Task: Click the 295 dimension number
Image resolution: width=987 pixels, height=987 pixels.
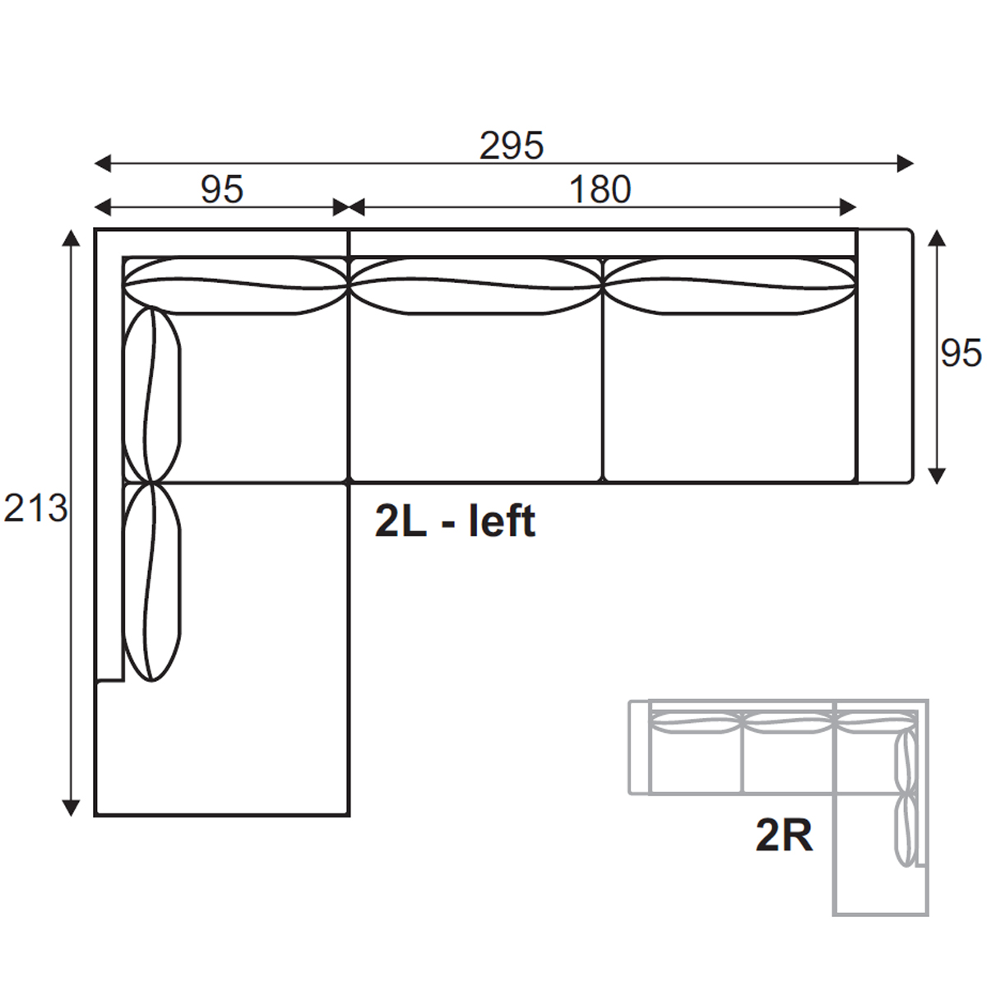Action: (x=511, y=146)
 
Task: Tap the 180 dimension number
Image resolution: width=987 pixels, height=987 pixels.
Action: (x=600, y=189)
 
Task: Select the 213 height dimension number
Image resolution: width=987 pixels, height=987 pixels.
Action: (x=35, y=508)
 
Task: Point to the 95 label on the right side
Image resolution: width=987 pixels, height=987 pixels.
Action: (x=961, y=353)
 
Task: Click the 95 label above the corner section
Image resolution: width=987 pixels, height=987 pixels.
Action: (x=222, y=189)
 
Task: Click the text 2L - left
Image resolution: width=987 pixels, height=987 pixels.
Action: (x=456, y=521)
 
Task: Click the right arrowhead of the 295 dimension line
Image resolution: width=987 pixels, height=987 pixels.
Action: (x=906, y=164)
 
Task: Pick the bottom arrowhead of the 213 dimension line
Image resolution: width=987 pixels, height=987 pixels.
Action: (x=71, y=807)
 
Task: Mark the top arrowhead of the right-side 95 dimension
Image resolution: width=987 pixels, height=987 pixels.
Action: (x=937, y=239)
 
